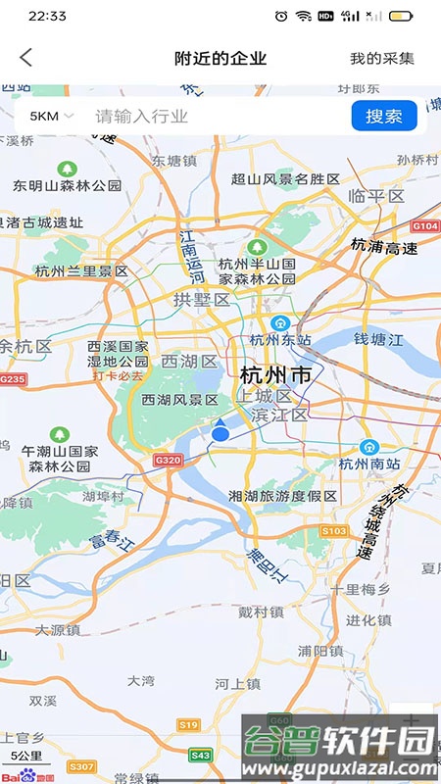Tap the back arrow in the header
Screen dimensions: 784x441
click(x=26, y=58)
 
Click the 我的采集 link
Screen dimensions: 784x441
click(x=382, y=59)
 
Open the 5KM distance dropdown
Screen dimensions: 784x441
click(x=51, y=117)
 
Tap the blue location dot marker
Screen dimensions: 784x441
click(x=220, y=432)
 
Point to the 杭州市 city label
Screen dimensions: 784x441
click(x=275, y=374)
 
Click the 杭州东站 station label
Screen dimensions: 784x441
click(x=279, y=340)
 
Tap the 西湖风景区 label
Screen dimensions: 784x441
click(x=179, y=400)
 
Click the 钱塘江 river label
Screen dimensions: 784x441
click(x=378, y=339)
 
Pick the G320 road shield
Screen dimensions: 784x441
click(x=169, y=460)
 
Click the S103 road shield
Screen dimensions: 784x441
click(x=334, y=530)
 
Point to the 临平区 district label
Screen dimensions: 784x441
click(x=376, y=196)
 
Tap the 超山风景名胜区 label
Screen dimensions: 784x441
click(x=285, y=179)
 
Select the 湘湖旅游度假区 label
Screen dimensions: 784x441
click(x=282, y=496)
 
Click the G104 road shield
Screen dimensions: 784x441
click(x=425, y=226)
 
